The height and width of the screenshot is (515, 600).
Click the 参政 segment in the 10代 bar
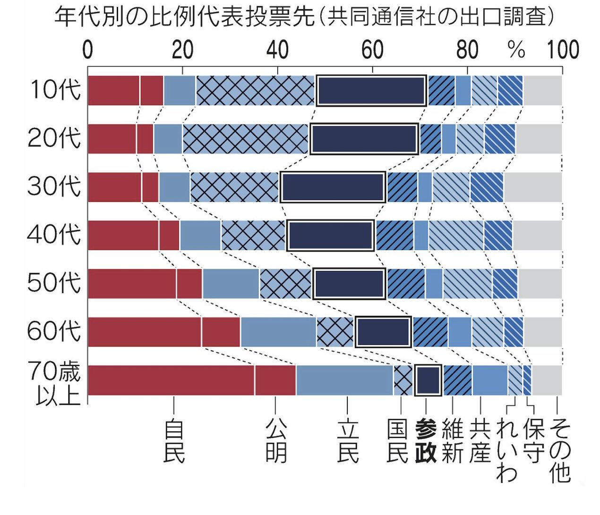coord(371,90)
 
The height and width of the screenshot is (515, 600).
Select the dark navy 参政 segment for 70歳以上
coord(428,380)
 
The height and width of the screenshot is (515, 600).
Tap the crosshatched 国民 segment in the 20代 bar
coord(245,139)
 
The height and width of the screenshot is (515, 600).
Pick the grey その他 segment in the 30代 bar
coord(532,187)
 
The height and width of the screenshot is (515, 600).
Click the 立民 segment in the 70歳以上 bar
coord(344,380)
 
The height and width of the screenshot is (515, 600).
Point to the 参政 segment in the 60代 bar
coord(383,332)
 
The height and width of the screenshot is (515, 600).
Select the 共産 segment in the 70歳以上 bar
coord(490,380)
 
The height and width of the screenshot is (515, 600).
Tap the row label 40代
coord(54,235)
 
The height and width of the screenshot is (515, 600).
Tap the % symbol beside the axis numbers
coord(516,50)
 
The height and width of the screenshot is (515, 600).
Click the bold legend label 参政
coord(426,441)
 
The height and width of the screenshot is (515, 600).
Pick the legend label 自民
coord(174,441)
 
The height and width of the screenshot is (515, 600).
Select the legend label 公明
coord(276,441)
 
